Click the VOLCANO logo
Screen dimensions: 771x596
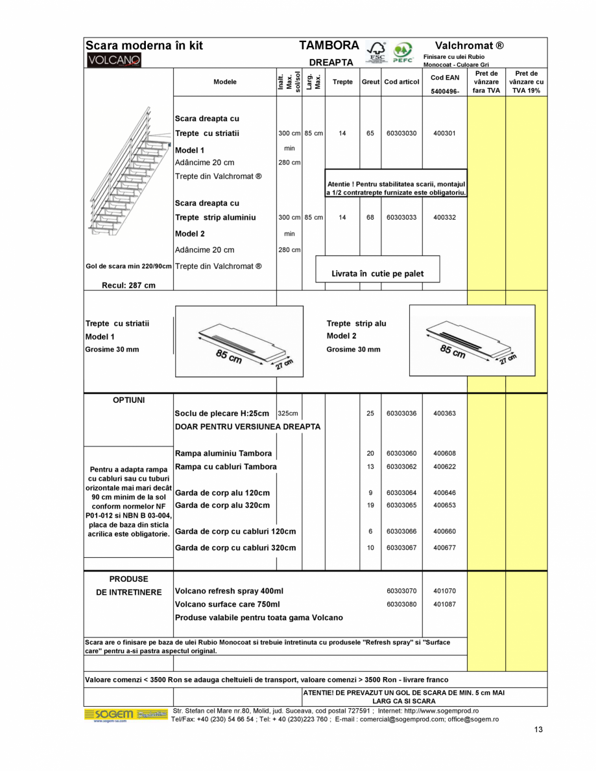pos(113,60)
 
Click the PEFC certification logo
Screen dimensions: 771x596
pos(403,52)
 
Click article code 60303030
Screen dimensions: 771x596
pos(401,133)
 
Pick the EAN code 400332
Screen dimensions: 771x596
pos(444,218)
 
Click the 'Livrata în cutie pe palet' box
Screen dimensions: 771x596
pos(377,273)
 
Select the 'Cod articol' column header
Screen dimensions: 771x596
pos(401,82)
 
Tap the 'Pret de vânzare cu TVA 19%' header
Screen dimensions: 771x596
pos(526,82)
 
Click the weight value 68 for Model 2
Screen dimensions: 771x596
pos(370,218)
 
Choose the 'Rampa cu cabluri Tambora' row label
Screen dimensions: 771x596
pos(226,466)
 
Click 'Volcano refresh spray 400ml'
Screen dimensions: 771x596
pos(229,591)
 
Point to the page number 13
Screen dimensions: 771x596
pos(538,730)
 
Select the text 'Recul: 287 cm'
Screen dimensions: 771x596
pos(128,285)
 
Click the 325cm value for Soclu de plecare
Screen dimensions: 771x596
pos(288,413)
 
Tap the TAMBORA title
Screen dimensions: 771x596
pos(329,46)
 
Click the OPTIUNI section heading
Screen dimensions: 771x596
pos(128,400)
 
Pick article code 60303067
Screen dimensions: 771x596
pos(401,547)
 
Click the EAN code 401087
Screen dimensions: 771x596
pos(444,604)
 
